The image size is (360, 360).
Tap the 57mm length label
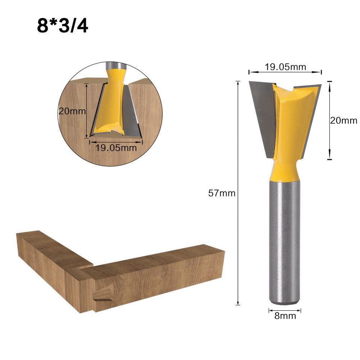pos(222,193)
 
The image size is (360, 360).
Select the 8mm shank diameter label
pos(284,316)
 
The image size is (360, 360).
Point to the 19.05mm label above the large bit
pos(285,67)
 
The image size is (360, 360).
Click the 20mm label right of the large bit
pos(343,120)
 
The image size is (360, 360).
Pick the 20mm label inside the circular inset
pos(72,111)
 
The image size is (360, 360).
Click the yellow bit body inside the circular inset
pos(112,104)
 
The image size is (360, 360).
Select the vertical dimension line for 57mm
pos(238,193)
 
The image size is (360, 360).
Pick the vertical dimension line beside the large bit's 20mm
pos(329,120)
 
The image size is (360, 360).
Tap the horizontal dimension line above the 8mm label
pos(284,310)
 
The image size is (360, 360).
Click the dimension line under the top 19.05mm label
pos(285,72)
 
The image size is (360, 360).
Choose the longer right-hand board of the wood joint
pos(158,277)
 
